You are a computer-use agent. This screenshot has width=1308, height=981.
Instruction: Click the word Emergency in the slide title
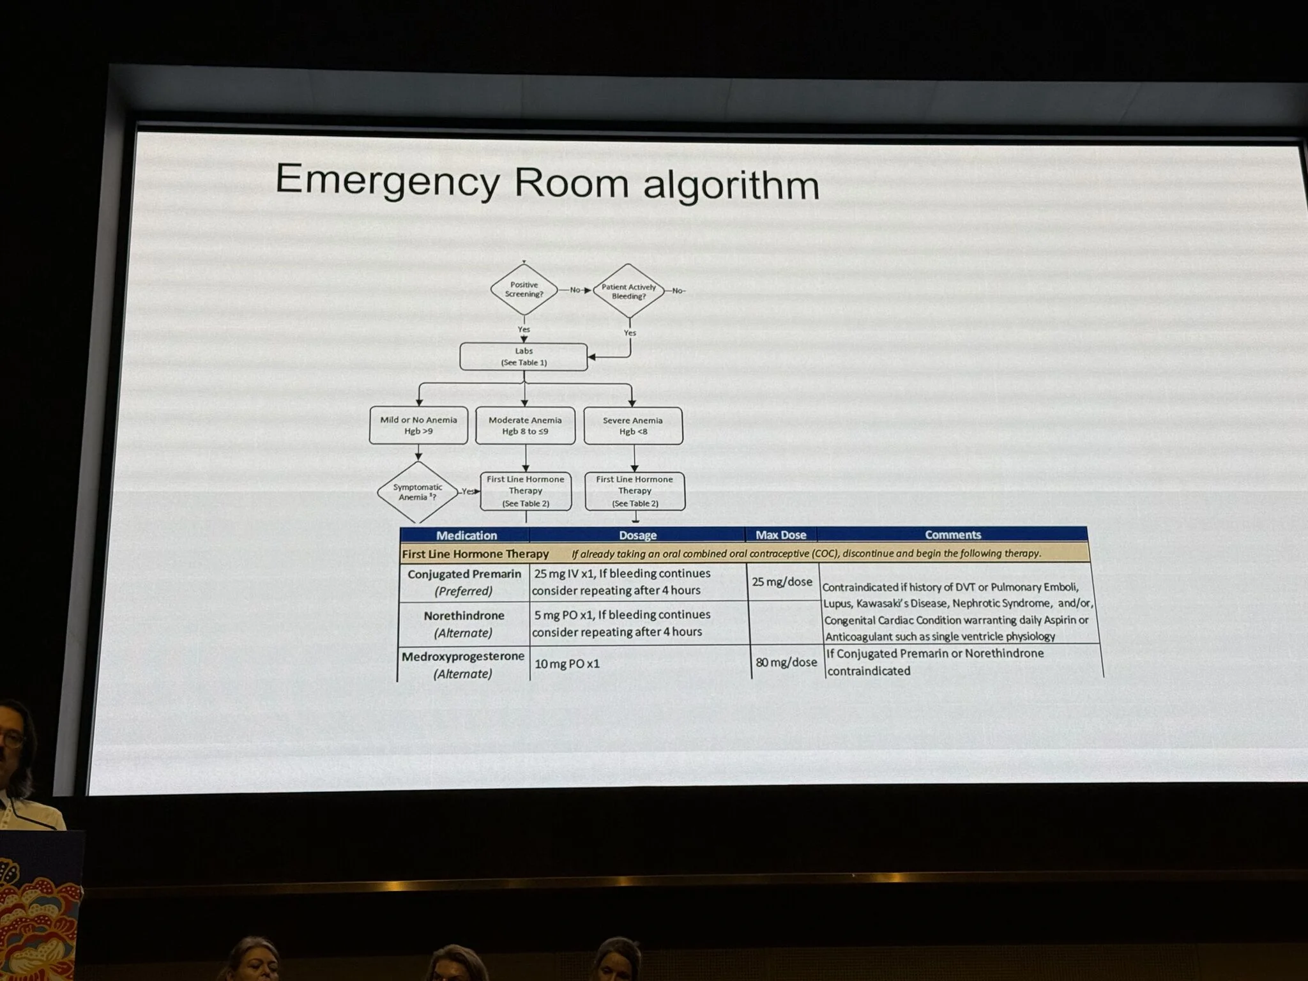tap(387, 181)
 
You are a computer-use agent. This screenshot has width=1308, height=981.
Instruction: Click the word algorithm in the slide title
tap(731, 185)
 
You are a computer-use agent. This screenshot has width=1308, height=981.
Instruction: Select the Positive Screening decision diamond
tap(524, 289)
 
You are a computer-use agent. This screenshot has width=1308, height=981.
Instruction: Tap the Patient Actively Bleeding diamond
tap(628, 291)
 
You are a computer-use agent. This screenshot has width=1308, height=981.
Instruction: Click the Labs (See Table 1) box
tap(524, 357)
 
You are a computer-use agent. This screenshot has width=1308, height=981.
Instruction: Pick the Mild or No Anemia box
tap(418, 425)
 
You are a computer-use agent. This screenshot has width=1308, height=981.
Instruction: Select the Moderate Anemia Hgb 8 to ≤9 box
tap(525, 425)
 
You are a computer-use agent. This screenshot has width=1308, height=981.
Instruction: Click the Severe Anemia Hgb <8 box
tap(633, 426)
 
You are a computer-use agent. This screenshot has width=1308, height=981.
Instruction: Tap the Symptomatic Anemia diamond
tap(418, 492)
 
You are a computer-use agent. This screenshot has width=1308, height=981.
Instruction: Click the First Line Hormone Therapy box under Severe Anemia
tap(634, 491)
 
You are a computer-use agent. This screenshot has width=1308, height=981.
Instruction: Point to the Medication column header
tap(466, 535)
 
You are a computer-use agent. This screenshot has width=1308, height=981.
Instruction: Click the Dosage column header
tap(637, 535)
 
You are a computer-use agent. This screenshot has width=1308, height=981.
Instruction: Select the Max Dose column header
tap(780, 535)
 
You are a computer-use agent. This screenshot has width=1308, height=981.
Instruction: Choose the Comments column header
tap(952, 535)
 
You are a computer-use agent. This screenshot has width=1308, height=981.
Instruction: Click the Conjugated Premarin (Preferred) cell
tap(464, 582)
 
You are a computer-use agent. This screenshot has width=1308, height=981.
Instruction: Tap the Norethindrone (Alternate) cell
tap(464, 624)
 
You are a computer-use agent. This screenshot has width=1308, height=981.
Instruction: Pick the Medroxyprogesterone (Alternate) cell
tap(463, 664)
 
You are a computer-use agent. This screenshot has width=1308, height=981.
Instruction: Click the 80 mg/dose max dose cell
tap(786, 662)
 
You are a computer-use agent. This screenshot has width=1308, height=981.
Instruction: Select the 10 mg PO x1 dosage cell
tap(567, 664)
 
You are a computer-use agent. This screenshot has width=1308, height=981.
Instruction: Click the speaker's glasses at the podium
tap(11, 740)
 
